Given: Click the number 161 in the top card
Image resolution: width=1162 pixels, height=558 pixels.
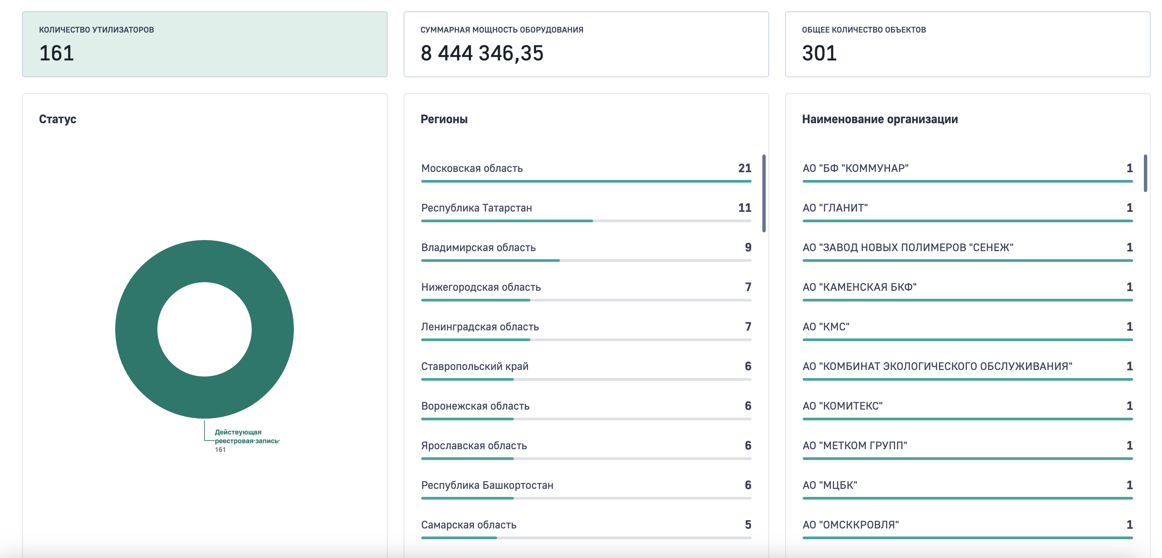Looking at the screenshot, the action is point(56,53).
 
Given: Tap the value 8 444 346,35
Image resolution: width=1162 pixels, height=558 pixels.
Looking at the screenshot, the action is point(482,53).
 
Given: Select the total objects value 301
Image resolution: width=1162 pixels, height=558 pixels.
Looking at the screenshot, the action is point(819,53).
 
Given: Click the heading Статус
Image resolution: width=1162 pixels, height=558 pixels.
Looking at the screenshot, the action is point(58,119).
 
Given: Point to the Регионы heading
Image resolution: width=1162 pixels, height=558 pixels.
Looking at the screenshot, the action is point(444,119).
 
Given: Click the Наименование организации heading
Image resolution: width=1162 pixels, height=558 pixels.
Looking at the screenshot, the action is point(880,119).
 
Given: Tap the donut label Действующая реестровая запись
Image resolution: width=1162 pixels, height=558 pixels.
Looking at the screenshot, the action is point(247,436).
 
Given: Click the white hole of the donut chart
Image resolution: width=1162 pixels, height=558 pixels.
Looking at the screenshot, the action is point(204,329).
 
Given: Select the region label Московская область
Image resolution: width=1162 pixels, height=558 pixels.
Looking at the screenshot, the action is point(472,168).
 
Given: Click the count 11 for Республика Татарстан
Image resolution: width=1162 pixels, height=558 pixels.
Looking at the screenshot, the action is point(745,208).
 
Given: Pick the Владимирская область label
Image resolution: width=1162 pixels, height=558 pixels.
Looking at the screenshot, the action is point(478,248).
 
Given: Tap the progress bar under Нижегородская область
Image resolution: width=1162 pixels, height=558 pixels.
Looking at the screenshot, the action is point(586,300).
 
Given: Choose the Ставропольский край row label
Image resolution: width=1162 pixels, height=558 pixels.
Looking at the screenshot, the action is point(475,366).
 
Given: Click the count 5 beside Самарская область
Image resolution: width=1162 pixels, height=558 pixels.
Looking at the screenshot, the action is point(748,525).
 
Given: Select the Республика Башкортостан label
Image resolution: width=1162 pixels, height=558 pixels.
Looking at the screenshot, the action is point(487,485).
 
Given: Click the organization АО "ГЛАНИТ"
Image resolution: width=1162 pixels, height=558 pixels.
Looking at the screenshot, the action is point(835,208).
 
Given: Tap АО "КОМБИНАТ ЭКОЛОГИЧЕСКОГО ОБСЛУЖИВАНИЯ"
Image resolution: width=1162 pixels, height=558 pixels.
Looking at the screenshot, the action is point(937,366).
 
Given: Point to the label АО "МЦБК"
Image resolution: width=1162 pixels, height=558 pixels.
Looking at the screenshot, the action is point(830,485).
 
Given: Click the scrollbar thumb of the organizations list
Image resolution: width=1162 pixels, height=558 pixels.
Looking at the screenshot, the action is point(1145,173).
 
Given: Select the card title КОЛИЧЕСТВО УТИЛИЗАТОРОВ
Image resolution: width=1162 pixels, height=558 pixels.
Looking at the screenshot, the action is point(96,30).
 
